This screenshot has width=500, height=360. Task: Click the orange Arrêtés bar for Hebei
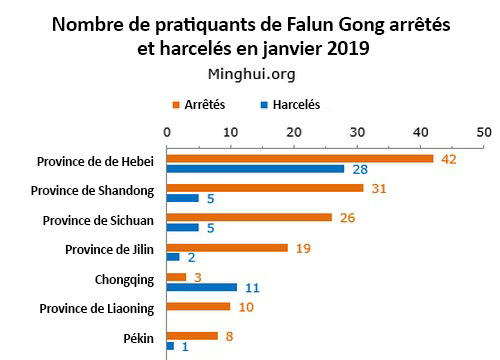pyautogui.click(x=300, y=158)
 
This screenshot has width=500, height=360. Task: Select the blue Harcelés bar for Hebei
pyautogui.click(x=255, y=168)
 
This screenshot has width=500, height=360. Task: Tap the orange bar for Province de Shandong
pyautogui.click(x=265, y=187)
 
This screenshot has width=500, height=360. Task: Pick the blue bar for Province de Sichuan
pyautogui.click(x=183, y=227)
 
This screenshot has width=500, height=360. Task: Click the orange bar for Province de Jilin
pyautogui.click(x=227, y=247)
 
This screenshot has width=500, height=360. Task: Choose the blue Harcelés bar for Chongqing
pyautogui.click(x=202, y=287)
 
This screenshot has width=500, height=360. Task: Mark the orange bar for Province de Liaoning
pyautogui.click(x=198, y=306)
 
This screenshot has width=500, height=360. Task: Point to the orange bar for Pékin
pyautogui.click(x=192, y=336)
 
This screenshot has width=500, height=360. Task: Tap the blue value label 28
pyautogui.click(x=360, y=169)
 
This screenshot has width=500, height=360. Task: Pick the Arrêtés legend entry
pyautogui.click(x=203, y=105)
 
